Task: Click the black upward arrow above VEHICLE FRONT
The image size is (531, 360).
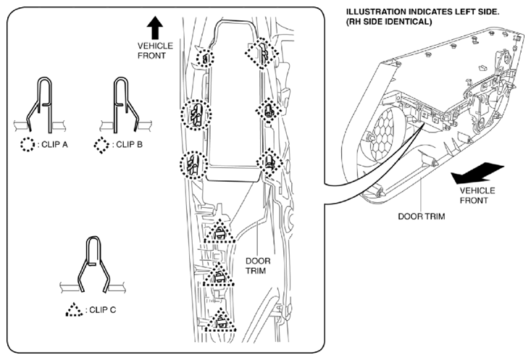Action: tap(155, 28)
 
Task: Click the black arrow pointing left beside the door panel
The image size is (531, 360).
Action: tap(477, 172)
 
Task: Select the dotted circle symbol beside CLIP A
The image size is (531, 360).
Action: tap(28, 145)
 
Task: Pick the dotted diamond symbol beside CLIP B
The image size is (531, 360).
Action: tap(101, 145)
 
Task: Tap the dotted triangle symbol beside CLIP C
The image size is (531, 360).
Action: tap(74, 309)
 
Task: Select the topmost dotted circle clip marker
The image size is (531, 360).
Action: tap(206, 59)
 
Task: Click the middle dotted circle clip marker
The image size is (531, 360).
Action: tap(196, 115)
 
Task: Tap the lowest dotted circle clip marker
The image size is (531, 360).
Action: tap(194, 165)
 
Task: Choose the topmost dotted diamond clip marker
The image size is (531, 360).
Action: tap(262, 53)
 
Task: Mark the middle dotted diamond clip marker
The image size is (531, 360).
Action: tap(269, 111)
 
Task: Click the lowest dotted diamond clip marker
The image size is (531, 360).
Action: tap(270, 162)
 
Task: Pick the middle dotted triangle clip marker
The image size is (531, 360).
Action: tap(219, 275)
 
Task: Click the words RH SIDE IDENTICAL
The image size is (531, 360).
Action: tap(389, 22)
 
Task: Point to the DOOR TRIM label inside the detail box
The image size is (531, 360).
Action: tap(258, 266)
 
